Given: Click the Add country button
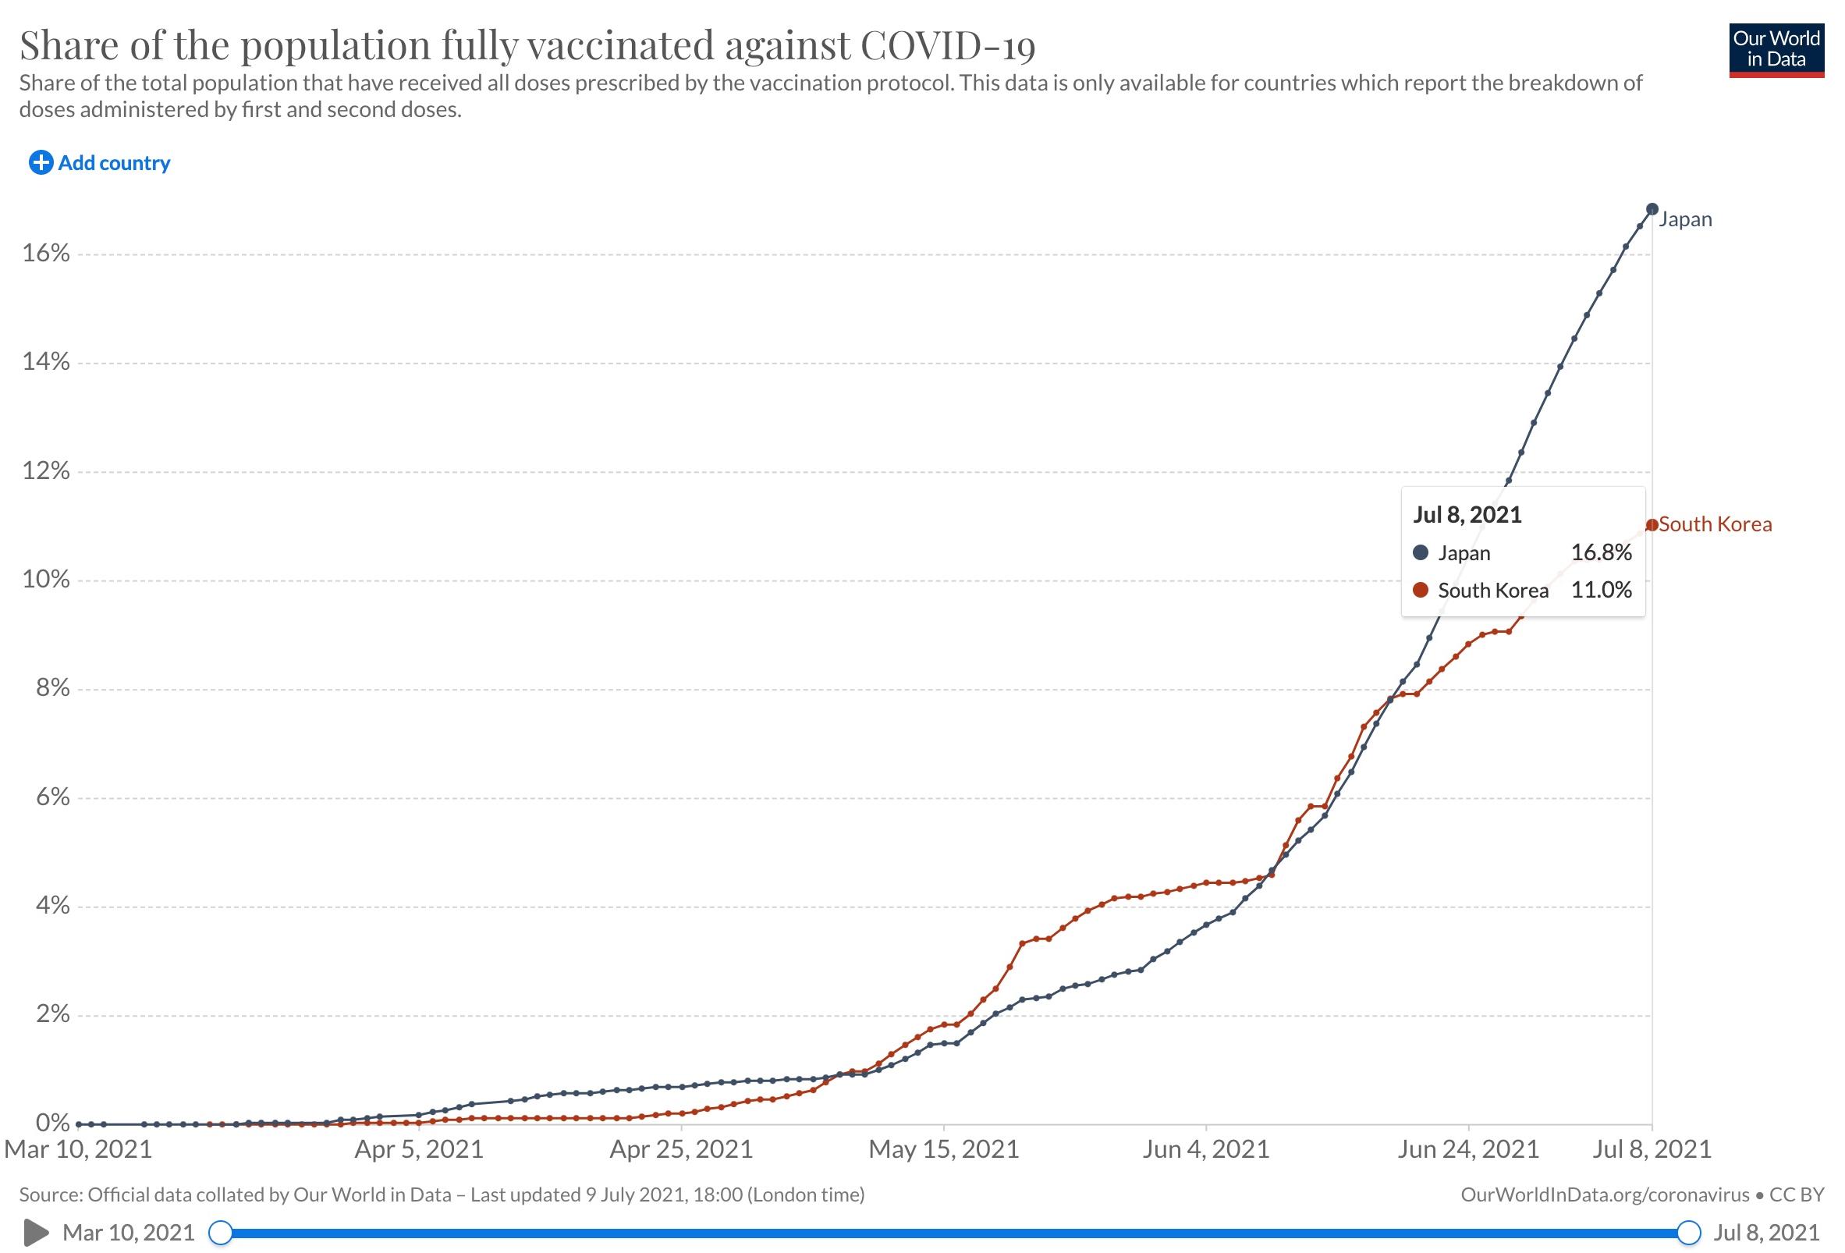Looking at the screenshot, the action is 99,163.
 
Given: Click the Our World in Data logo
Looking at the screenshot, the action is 1776,50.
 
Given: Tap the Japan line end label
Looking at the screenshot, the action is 1684,219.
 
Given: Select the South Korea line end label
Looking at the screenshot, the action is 1715,524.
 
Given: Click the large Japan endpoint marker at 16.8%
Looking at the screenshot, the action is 1652,209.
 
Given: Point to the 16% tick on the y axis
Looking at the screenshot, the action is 46,254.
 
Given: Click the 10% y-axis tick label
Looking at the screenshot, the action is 46,580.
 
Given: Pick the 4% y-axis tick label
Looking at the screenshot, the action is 53,905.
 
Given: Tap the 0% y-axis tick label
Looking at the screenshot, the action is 53,1123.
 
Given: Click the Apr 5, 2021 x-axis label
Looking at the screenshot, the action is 418,1149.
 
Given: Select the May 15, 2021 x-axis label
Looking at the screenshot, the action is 943,1149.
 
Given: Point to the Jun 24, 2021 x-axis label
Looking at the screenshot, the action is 1468,1149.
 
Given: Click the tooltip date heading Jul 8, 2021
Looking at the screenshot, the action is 1467,514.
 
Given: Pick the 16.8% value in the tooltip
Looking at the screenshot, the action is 1602,552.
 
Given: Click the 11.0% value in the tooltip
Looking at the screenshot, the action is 1602,590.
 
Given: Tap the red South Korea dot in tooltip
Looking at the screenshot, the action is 1421,590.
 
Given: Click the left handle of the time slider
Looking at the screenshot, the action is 221,1233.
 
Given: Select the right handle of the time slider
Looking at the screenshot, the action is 1689,1233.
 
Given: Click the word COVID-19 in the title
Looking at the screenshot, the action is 948,45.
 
